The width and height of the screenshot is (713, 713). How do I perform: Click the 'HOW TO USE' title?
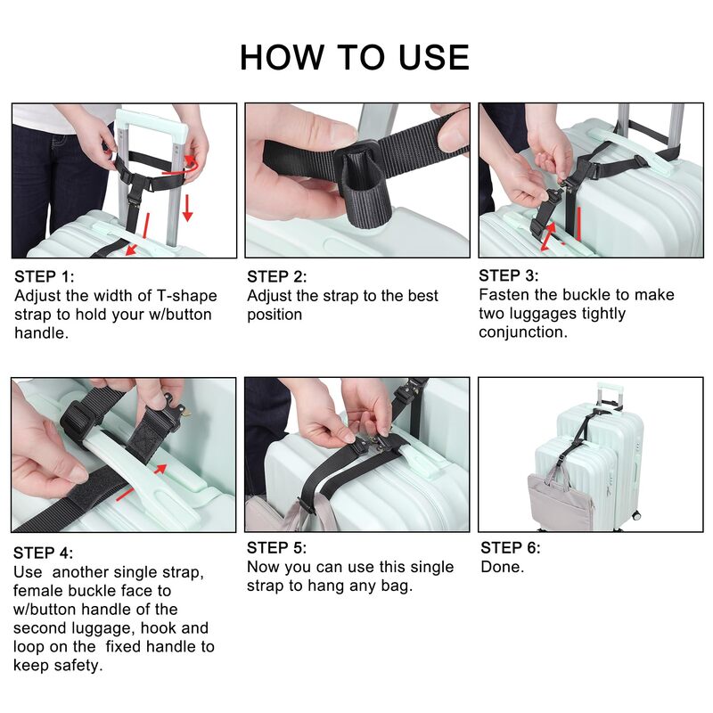pos(354,57)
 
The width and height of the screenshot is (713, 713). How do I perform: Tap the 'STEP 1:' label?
pos(44,276)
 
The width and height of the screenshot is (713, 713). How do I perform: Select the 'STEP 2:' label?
pos(277,276)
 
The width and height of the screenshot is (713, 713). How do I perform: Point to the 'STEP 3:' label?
pos(508,275)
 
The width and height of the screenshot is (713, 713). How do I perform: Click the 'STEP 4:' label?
pos(43,553)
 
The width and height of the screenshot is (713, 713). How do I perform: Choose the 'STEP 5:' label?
pos(276,548)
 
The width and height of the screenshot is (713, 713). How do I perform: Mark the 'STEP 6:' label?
pos(510,548)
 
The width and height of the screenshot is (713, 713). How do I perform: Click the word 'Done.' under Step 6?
pos(503,567)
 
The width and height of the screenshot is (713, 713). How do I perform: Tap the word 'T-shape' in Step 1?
pos(187,296)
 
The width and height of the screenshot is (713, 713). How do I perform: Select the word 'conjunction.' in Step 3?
pos(523,332)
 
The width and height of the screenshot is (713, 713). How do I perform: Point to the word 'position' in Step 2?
pos(275,316)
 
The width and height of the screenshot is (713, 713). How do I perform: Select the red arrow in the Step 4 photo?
pos(142,481)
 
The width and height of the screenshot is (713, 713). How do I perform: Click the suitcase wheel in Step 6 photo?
pos(636,516)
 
